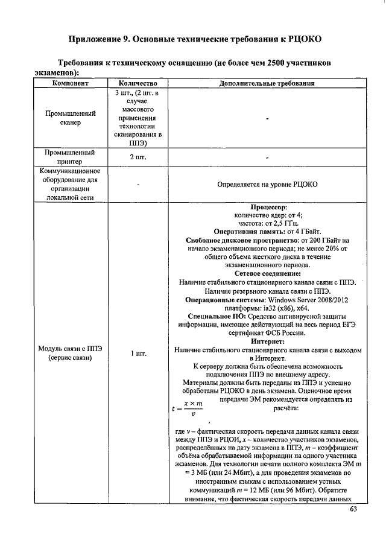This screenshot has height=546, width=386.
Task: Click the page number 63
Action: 353,513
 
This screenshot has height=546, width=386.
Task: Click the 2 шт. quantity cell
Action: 138,157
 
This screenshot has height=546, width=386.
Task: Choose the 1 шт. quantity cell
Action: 138,354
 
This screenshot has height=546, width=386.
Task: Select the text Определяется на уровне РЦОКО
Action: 267,184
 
